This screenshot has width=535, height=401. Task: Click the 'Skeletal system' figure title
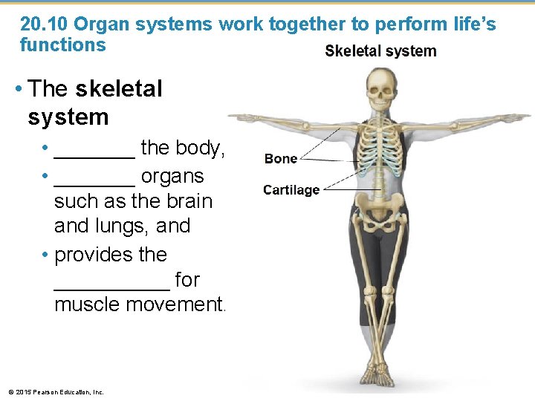pyautogui.click(x=380, y=51)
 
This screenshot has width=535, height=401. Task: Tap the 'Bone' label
pyautogui.click(x=281, y=158)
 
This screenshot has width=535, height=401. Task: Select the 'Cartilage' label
pyautogui.click(x=291, y=190)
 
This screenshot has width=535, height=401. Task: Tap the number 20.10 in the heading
pyautogui.click(x=45, y=24)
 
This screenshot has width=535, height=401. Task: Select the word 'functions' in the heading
pyautogui.click(x=62, y=45)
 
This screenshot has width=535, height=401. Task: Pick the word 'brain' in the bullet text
pyautogui.click(x=189, y=201)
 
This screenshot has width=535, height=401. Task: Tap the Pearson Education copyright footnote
pyautogui.click(x=56, y=391)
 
